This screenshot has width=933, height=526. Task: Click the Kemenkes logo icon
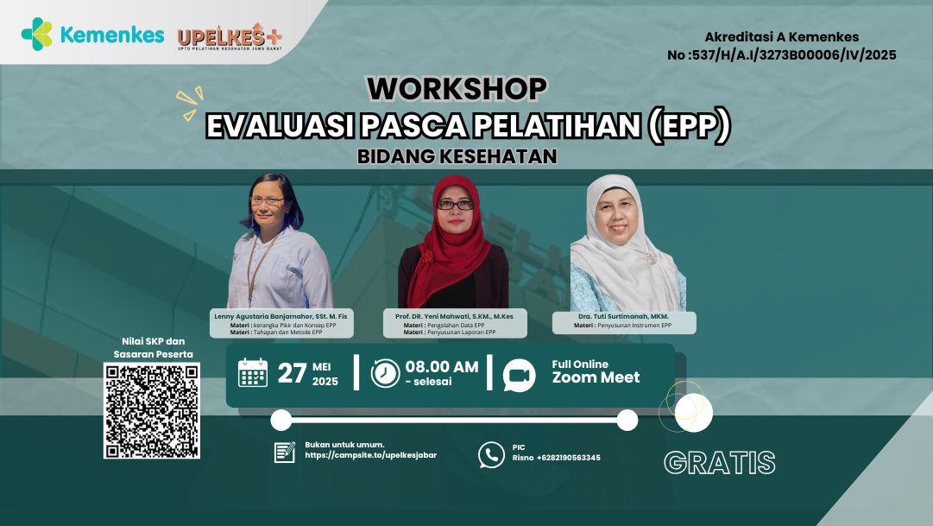tap(37, 35)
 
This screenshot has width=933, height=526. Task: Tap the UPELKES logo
tap(229, 38)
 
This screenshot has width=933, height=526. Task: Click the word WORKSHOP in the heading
tap(457, 89)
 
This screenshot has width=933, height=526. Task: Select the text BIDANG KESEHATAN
tap(457, 157)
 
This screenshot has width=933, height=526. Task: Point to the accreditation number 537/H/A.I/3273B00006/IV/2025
tap(782, 55)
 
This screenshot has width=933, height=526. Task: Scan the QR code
tap(152, 410)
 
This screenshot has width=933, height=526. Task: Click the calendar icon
tap(253, 372)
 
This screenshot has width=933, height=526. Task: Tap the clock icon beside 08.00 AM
tap(385, 372)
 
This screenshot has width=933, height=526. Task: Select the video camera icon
tap(519, 375)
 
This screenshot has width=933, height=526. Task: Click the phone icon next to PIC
tap(491, 454)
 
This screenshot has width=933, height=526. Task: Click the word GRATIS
tap(719, 462)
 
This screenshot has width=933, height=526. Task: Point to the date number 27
tap(292, 373)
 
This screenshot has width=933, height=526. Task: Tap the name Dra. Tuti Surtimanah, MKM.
tap(624, 316)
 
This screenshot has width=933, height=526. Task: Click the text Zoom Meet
tap(596, 377)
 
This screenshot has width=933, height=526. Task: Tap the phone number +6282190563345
tap(568, 458)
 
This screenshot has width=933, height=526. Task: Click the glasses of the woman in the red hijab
tap(455, 205)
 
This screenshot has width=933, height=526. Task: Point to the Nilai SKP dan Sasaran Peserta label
tap(152, 347)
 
